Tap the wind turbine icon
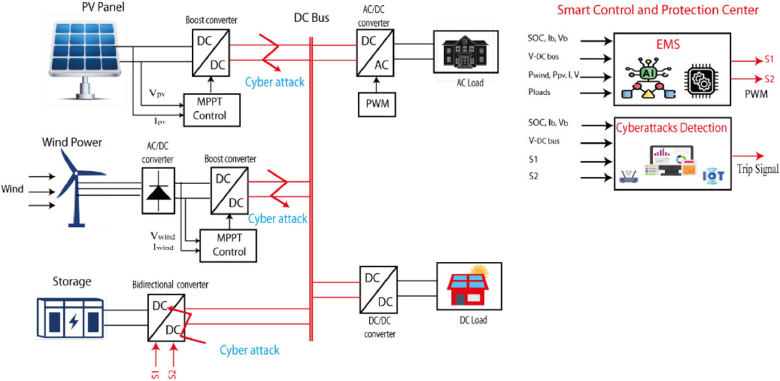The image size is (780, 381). (75, 185)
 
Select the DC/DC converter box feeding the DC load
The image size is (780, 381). (377, 290)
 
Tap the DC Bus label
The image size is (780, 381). (311, 18)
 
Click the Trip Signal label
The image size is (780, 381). (756, 168)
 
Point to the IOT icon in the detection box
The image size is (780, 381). (713, 175)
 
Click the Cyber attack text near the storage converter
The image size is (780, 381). (249, 350)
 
